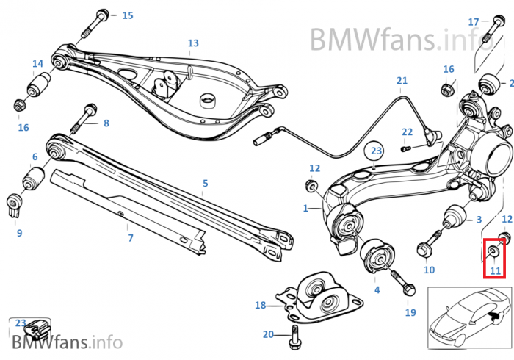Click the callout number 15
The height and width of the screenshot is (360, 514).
(128, 15)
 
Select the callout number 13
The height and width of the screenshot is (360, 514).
(193, 43)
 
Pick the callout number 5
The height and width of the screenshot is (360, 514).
(206, 183)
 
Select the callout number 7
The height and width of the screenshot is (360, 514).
(130, 238)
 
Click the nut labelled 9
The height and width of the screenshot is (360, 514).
(14, 204)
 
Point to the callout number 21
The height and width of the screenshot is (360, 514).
(402, 80)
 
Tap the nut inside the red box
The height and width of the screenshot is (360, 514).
(494, 253)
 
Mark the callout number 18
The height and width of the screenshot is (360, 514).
(260, 305)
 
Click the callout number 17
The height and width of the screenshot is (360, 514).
(474, 22)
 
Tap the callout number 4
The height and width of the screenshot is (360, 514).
(377, 289)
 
